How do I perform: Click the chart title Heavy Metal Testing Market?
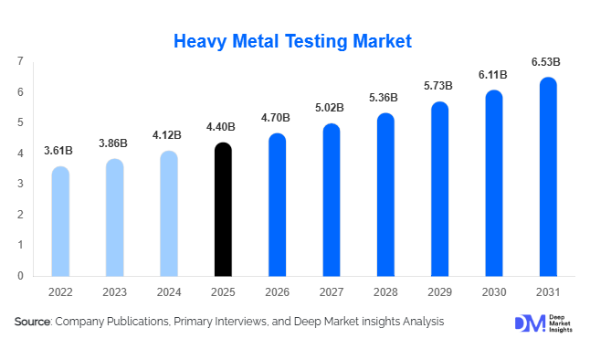click(293, 41)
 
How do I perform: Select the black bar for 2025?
click(223, 210)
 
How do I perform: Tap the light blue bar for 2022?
click(60, 222)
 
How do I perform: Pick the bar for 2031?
click(548, 177)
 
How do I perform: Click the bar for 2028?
click(385, 196)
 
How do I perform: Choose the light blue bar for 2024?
click(169, 214)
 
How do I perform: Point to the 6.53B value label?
click(545, 62)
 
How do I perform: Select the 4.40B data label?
click(223, 127)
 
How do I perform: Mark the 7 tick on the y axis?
click(20, 61)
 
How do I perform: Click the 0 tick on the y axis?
click(20, 275)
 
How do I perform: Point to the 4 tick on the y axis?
click(20, 154)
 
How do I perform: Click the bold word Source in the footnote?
click(32, 322)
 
